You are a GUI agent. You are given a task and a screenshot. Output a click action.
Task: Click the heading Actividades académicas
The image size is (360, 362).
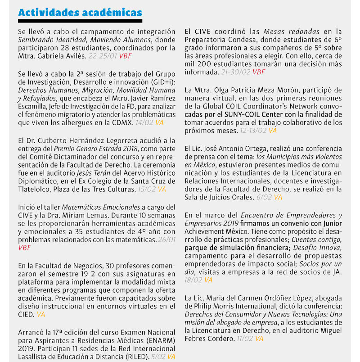(80, 13)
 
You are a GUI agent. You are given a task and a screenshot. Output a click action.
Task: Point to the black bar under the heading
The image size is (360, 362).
(80, 21)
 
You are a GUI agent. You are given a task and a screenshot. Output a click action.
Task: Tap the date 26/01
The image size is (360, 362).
(167, 240)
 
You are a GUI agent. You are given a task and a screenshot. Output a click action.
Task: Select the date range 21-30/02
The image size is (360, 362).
(235, 72)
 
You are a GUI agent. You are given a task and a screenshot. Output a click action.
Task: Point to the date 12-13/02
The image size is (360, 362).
(252, 131)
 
